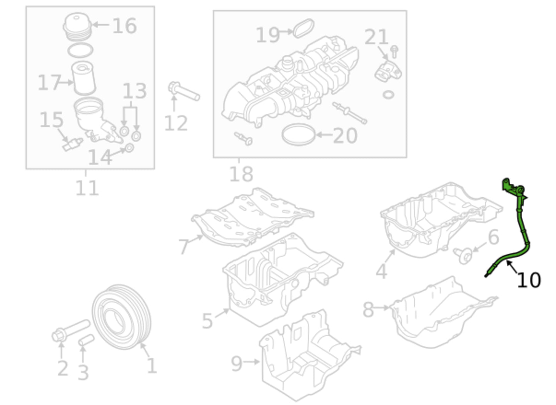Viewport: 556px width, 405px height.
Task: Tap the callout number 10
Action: [x=529, y=280]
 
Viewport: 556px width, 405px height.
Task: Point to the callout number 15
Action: [x=51, y=120]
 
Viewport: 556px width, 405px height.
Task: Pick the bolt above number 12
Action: [x=184, y=91]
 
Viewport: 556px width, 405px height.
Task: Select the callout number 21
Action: [x=376, y=38]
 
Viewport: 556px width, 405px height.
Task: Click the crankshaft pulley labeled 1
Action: [x=121, y=317]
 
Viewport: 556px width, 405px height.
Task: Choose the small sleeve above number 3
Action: [x=86, y=340]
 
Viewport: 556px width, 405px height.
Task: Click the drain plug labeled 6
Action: [x=464, y=255]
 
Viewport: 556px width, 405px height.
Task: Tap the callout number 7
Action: [x=184, y=247]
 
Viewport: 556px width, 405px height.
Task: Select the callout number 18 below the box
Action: [x=241, y=174]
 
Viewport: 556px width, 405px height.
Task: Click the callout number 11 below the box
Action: [x=87, y=188]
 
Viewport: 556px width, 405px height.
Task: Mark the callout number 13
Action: [x=134, y=91]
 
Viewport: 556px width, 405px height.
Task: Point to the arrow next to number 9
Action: [x=252, y=362]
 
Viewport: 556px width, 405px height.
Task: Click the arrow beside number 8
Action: [x=382, y=307]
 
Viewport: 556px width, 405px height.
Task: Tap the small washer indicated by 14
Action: [x=129, y=148]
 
